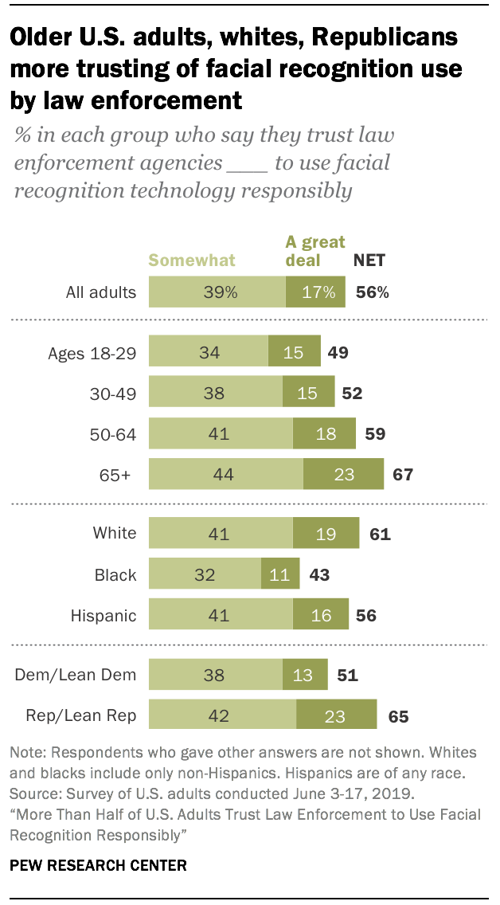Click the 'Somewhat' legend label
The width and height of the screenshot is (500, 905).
[192, 260]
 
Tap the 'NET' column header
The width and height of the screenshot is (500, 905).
[369, 260]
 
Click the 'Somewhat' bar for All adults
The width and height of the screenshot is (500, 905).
[217, 292]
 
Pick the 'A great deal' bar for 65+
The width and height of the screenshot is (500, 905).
[343, 475]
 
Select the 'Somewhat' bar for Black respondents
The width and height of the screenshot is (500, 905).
[205, 574]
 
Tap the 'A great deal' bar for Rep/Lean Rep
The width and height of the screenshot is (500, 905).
[336, 715]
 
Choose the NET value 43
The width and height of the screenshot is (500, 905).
[319, 575]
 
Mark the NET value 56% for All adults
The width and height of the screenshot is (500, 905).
[371, 292]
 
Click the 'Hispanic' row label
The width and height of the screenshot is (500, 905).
[104, 616]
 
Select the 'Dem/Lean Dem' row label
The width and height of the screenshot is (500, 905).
[76, 676]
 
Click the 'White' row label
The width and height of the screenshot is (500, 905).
[115, 534]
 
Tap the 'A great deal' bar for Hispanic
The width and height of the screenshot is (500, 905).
[320, 616]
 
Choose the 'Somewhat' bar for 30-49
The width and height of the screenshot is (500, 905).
[216, 393]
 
